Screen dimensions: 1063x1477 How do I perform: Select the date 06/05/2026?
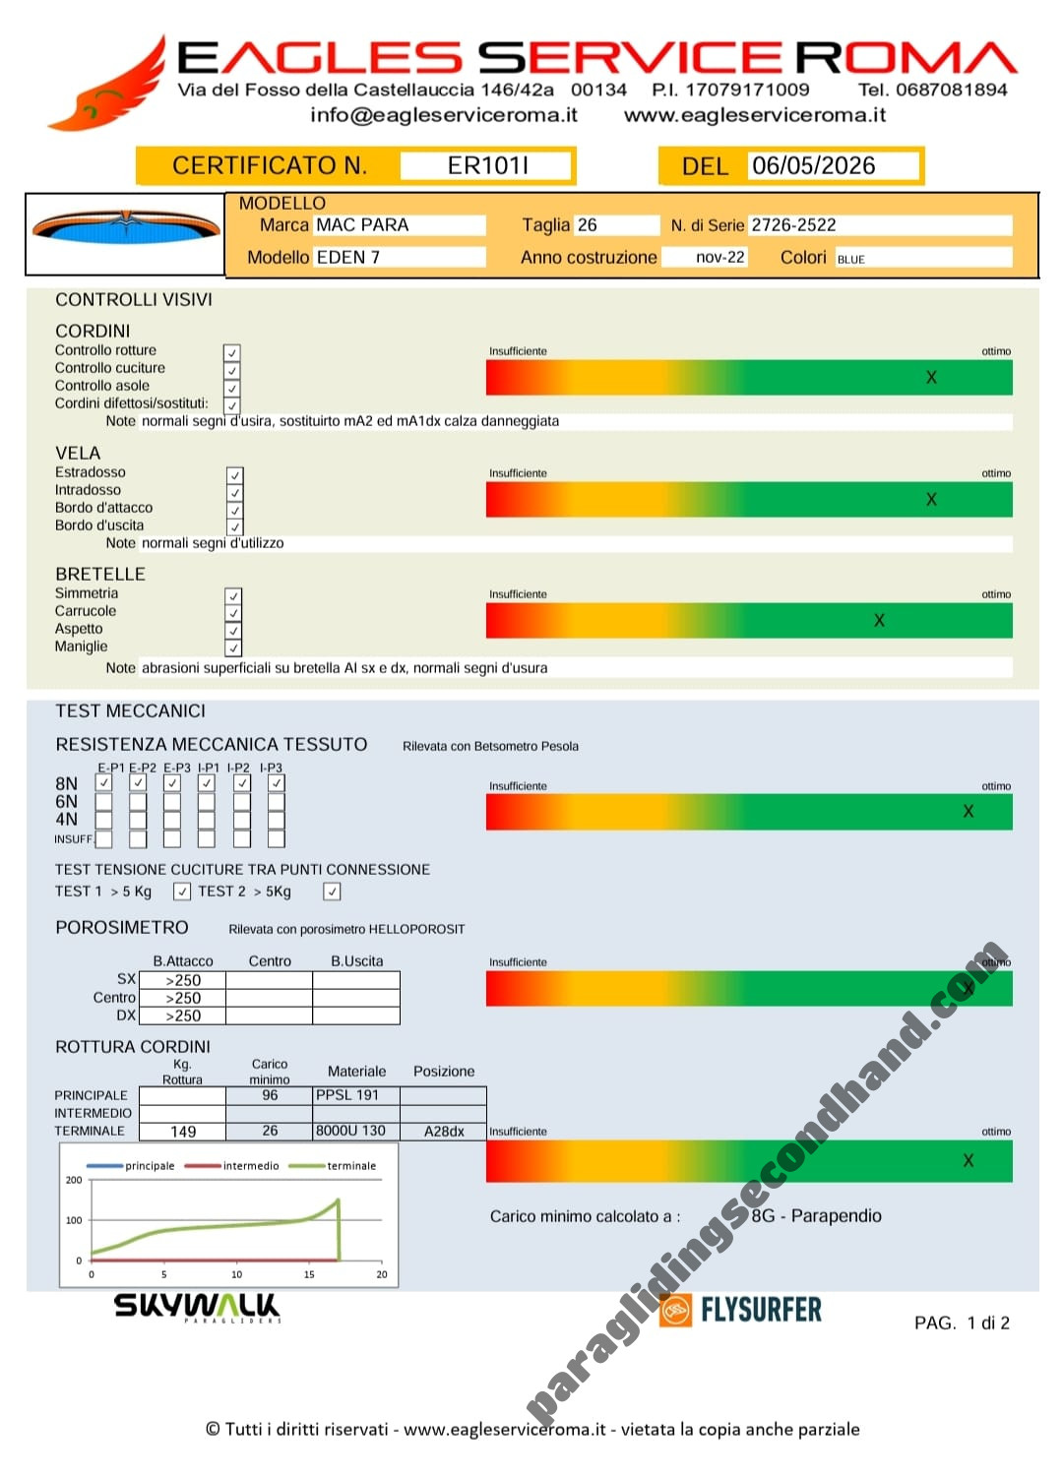point(813,165)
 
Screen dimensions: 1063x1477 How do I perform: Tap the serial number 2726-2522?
point(793,225)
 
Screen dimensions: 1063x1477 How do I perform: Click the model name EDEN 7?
point(347,257)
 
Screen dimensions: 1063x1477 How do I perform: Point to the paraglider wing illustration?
point(125,228)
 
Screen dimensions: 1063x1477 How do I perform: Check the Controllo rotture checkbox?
point(231,352)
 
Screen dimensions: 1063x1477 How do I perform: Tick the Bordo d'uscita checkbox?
point(234,526)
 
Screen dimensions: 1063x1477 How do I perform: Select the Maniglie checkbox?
point(233,647)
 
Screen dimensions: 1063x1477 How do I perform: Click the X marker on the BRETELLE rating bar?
point(878,621)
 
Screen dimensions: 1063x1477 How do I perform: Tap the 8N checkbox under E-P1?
point(103,782)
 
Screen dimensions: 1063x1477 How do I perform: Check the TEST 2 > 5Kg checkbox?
point(332,892)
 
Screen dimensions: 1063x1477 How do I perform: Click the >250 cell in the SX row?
point(183,980)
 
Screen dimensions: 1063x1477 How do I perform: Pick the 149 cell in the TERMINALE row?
point(183,1132)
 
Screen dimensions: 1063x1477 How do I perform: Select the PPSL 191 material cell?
point(356,1095)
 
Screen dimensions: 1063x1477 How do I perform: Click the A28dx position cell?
point(443,1132)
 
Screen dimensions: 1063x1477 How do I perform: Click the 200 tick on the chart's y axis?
point(73,1180)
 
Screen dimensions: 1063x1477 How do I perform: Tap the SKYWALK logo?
point(197,1307)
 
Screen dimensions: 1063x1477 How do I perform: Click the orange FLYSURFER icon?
point(675,1310)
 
